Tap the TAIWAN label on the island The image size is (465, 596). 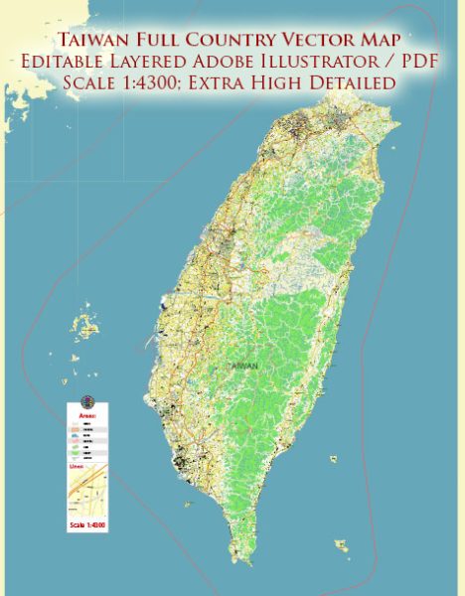[244, 366]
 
